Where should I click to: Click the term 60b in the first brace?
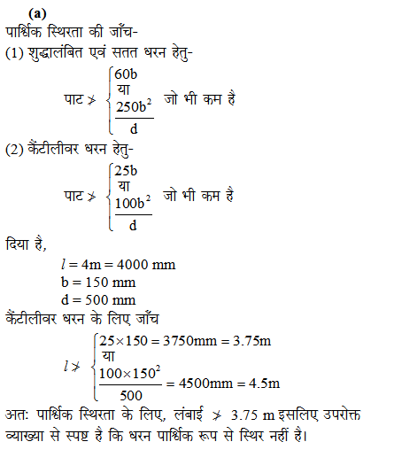point(127,73)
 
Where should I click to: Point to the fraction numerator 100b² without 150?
point(133,202)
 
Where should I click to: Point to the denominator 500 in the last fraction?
point(131,394)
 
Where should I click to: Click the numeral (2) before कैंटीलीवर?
point(15,147)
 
